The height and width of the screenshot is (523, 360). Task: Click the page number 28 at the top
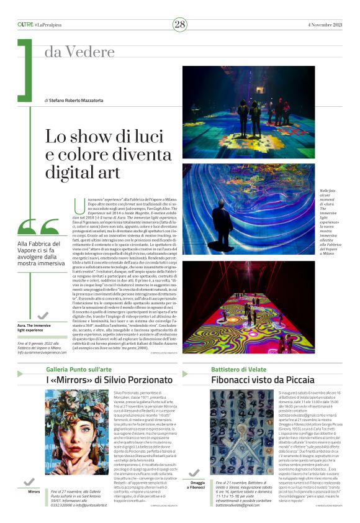[x=180, y=24]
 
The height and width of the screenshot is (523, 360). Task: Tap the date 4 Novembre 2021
[x=325, y=24]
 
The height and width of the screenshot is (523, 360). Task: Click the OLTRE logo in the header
[x=25, y=24]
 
